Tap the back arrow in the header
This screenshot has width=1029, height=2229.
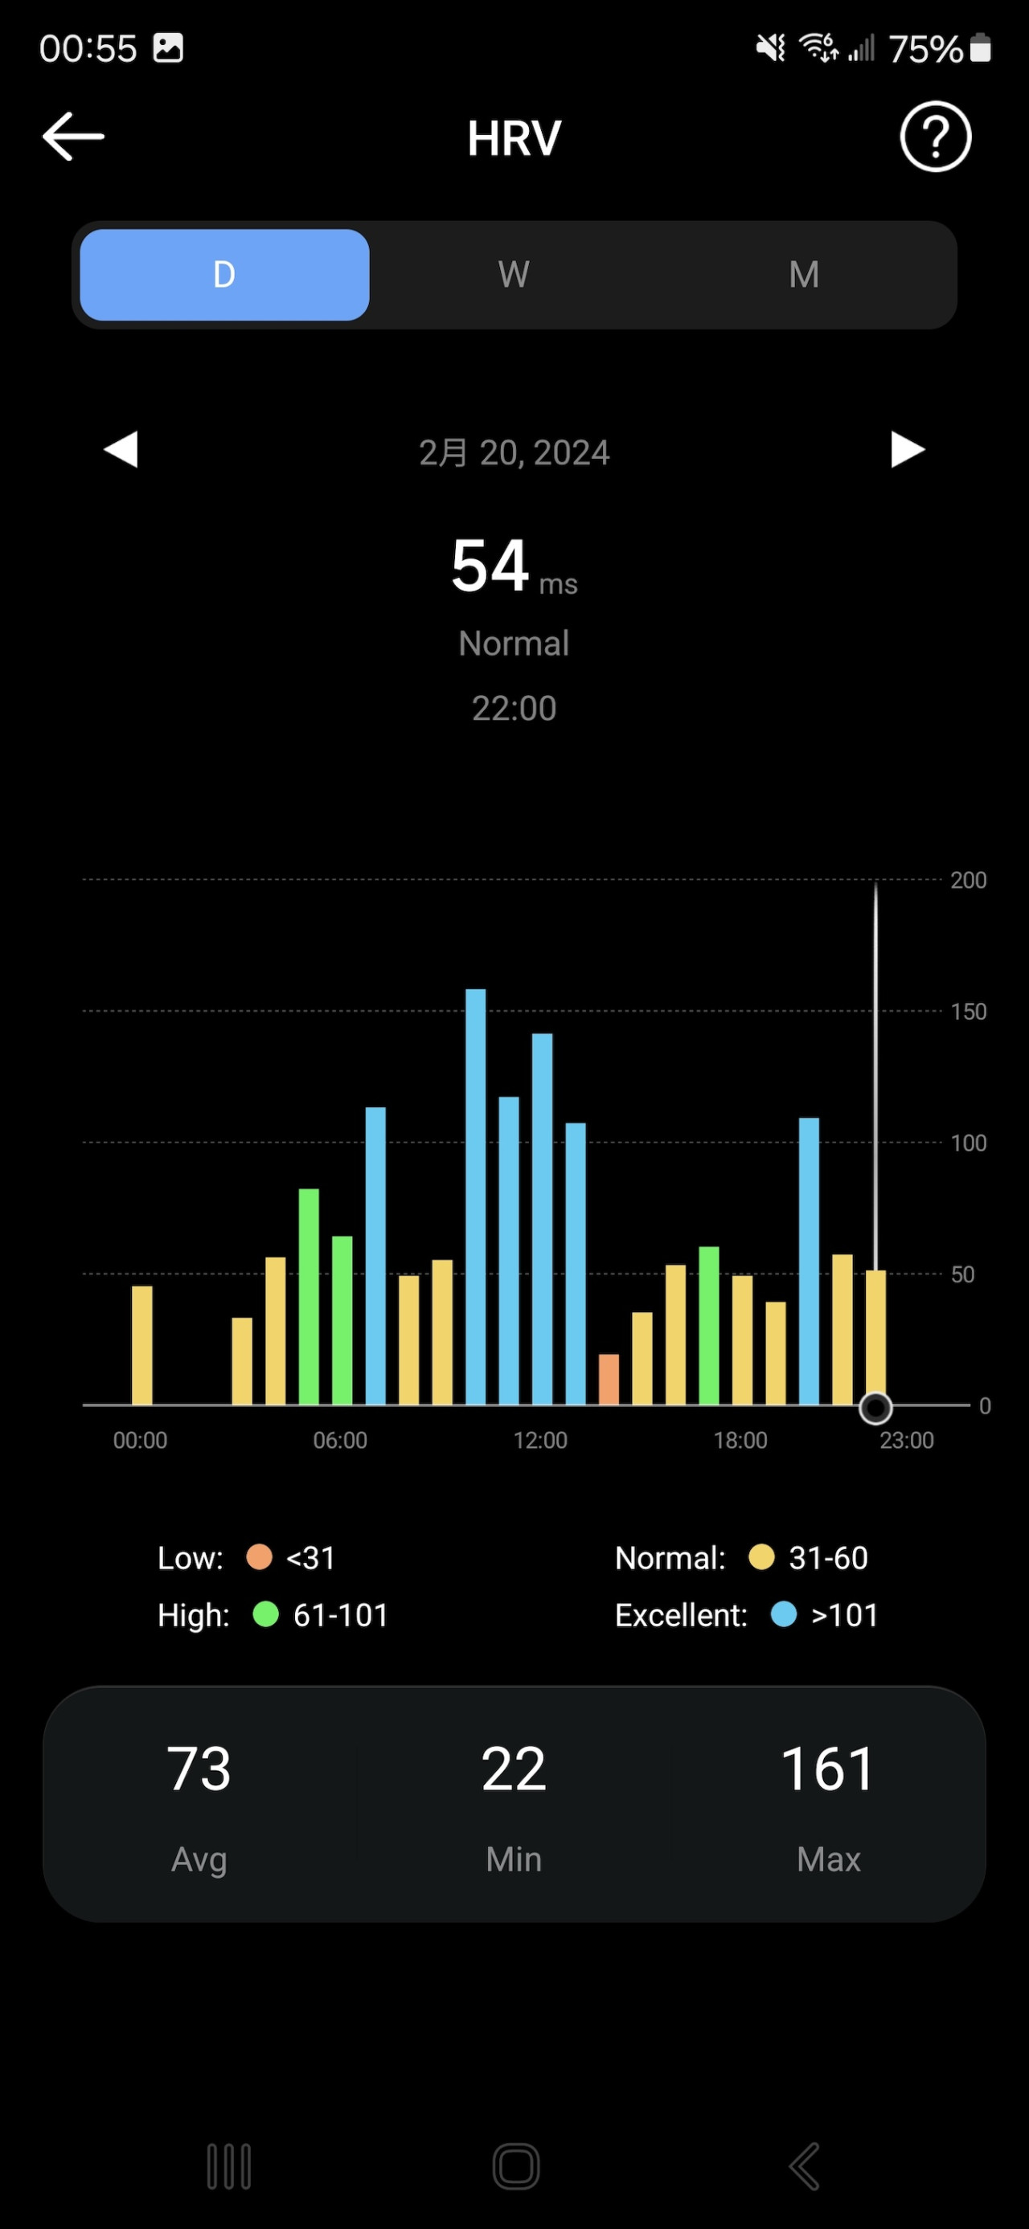point(74,137)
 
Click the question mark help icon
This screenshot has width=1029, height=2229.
point(935,137)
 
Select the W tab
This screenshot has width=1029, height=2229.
point(513,274)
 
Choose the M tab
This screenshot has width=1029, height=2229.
point(803,274)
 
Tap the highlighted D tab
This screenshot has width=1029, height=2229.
point(224,274)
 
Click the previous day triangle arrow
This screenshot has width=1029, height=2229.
point(121,449)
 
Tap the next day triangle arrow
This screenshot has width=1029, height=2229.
point(907,449)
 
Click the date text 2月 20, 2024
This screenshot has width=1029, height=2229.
point(514,452)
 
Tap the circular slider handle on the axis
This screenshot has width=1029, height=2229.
point(875,1408)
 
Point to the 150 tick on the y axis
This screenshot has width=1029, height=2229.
point(968,1012)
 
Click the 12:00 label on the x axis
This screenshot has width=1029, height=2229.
point(540,1440)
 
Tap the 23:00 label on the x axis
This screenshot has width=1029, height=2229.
point(906,1440)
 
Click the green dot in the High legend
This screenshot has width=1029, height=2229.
point(265,1613)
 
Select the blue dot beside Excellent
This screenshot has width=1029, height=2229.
point(783,1613)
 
